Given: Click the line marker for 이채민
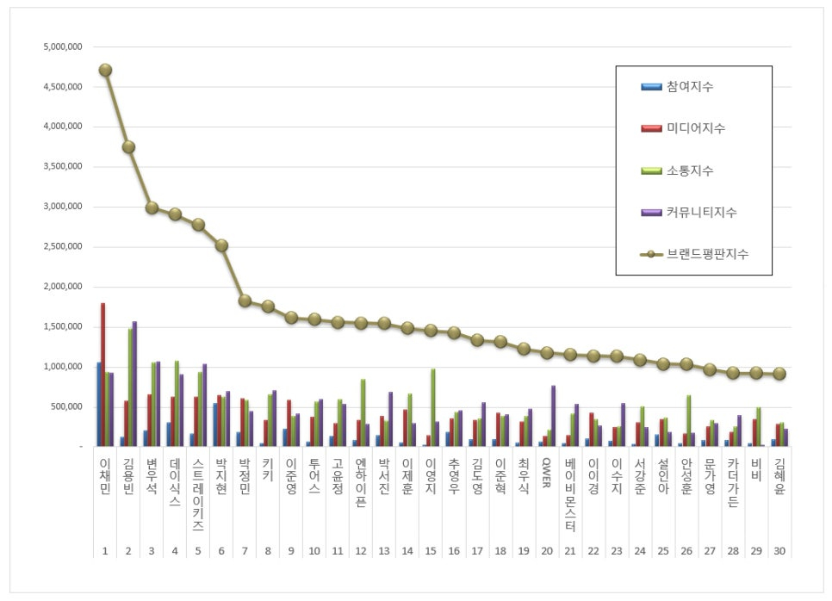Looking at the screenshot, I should point(105,70).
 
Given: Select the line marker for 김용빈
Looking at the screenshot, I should point(128,147).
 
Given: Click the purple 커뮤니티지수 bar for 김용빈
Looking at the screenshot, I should point(134,384).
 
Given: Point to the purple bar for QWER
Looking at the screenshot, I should point(553,416).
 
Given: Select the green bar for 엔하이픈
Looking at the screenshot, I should point(363,412).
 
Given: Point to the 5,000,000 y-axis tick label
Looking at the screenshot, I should point(62,46).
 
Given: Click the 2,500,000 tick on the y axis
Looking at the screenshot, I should point(62,247).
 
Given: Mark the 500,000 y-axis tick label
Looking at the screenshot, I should point(67,407).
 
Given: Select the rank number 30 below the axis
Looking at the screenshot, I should point(779,550).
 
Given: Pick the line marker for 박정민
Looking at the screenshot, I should point(245,300).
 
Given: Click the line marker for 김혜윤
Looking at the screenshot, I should point(779,374).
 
